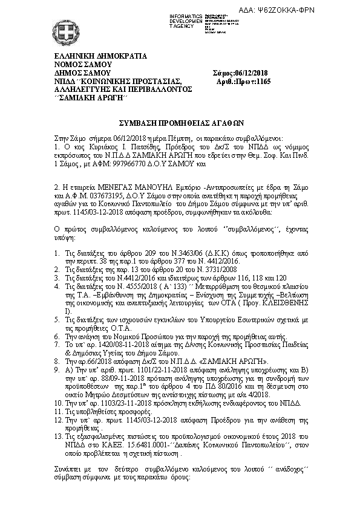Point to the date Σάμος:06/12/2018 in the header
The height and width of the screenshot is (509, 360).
tap(240, 73)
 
